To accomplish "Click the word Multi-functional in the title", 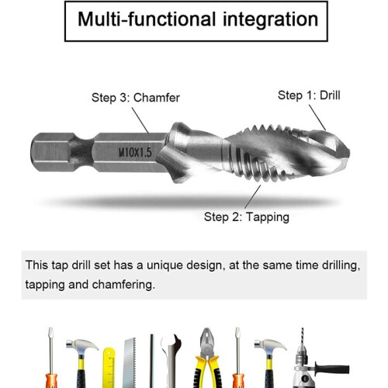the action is click(x=147, y=19).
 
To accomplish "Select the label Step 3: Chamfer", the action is click(x=136, y=98).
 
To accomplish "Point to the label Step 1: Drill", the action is click(x=309, y=95).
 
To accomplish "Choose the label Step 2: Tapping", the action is click(x=247, y=217).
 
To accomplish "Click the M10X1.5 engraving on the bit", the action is click(x=135, y=152).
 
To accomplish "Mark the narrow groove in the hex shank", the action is click(x=81, y=152).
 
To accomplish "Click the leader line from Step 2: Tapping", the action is click(x=253, y=197).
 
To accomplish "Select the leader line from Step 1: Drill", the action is click(x=317, y=117).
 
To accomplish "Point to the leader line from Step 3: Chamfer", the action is click(x=140, y=120).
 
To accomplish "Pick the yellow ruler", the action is click(x=109, y=368).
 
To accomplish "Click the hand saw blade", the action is click(x=129, y=363).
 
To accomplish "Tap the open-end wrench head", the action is click(x=171, y=343).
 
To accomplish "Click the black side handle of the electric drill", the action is click(x=332, y=369).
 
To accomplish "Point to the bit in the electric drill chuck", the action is click(x=302, y=336).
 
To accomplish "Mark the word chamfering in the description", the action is click(x=123, y=285).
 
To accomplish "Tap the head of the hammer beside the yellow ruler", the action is click(x=82, y=345).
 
